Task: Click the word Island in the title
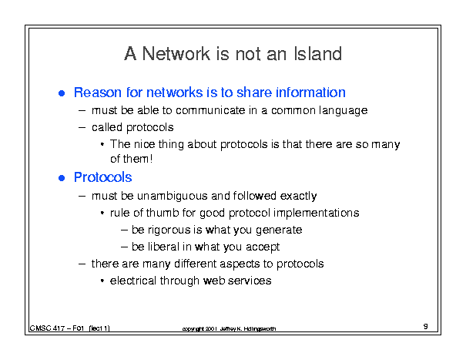point(317,54)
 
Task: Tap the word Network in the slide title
point(176,54)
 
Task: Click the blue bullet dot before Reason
point(62,93)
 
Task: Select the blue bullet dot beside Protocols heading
point(62,178)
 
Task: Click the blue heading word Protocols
point(103,177)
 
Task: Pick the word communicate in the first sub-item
point(210,110)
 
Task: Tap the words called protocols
point(132,128)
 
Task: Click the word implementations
point(317,214)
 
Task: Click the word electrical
point(133,281)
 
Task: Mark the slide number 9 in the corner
point(426,326)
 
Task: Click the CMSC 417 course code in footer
point(47,328)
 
